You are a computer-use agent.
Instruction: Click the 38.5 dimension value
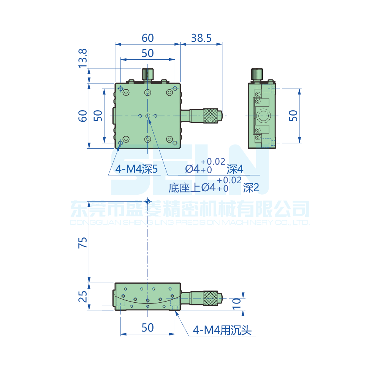(201, 38)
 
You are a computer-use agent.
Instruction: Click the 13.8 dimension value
(83, 59)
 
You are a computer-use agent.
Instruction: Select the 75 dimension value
(83, 242)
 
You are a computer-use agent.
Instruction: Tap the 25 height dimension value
(83, 296)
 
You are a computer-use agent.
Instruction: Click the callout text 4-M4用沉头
(222, 330)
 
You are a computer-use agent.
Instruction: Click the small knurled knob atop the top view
(147, 74)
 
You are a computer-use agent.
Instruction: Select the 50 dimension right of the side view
(293, 116)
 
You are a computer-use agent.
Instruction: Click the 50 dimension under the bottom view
(147, 327)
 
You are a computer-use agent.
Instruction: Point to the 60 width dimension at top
(147, 38)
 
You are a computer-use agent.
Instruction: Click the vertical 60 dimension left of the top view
(83, 116)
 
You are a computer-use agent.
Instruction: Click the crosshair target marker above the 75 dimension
(147, 201)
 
